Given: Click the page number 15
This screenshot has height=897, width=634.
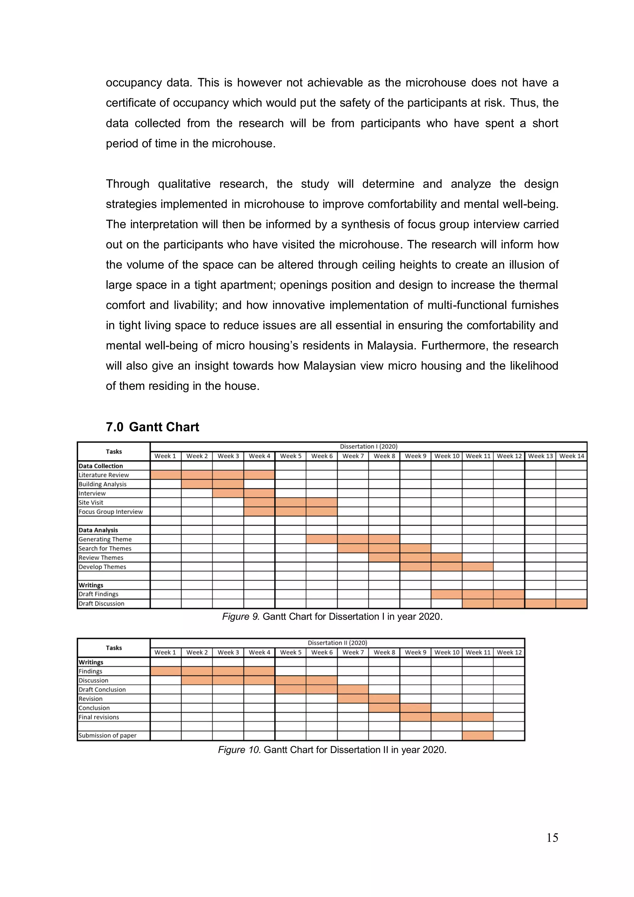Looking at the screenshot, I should [552, 838].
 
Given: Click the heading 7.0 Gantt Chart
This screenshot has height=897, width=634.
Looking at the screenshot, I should [152, 427].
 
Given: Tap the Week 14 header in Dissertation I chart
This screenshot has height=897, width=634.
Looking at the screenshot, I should [571, 456].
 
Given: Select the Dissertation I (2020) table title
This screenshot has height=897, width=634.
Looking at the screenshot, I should [368, 446].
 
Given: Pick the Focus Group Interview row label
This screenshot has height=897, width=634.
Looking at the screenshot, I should [111, 512].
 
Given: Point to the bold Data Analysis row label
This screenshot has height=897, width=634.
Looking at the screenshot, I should [98, 530].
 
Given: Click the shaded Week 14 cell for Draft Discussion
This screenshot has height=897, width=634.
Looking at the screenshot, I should [571, 603].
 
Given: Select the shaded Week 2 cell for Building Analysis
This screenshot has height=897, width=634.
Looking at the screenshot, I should [197, 484].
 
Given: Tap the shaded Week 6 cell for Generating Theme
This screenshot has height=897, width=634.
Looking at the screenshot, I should [322, 539].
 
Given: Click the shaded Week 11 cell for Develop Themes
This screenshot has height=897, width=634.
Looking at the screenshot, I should [477, 567].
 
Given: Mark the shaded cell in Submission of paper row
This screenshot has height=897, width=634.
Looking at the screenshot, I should [477, 735].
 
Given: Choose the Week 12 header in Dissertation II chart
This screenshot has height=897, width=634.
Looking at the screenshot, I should [509, 652].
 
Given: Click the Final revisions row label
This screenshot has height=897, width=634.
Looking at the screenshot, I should [98, 717].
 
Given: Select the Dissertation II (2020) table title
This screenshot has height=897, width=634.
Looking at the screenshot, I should [337, 643].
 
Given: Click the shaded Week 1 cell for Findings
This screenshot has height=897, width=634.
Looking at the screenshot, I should [166, 671].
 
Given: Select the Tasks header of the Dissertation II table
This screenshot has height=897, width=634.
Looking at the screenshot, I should [114, 648].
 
